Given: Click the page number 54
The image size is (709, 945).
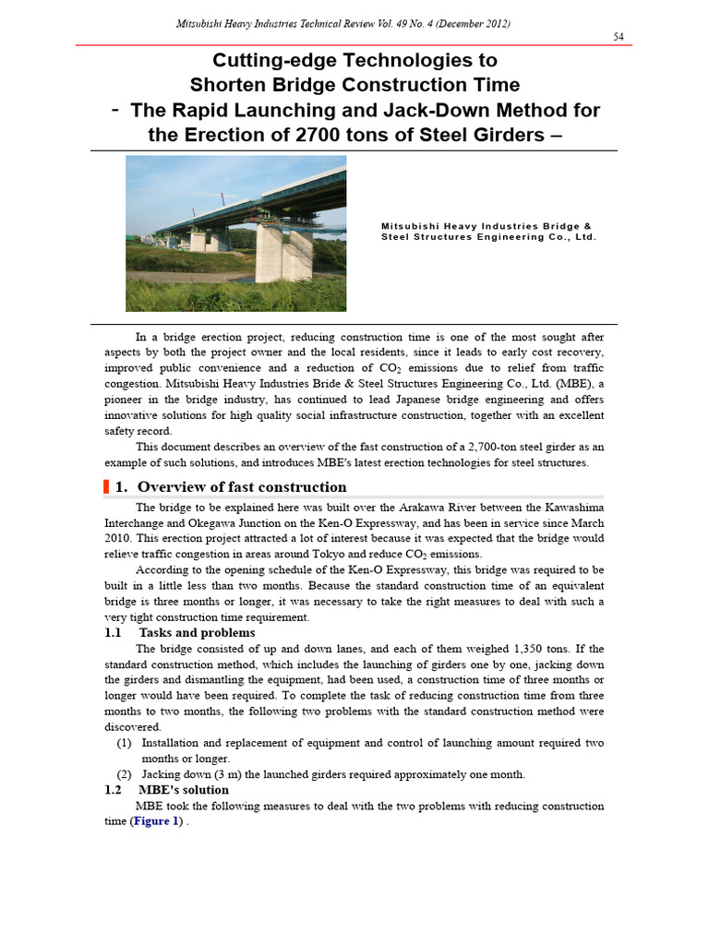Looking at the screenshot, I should (619, 36).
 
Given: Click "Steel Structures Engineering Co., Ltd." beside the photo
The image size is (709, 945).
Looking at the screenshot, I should (488, 237).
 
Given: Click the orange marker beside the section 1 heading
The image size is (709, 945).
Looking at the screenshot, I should (107, 487).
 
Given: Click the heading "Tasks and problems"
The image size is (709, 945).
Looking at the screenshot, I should (197, 632).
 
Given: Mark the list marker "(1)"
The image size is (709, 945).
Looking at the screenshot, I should (124, 743).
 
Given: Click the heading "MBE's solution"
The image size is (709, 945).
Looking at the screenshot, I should (184, 790).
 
